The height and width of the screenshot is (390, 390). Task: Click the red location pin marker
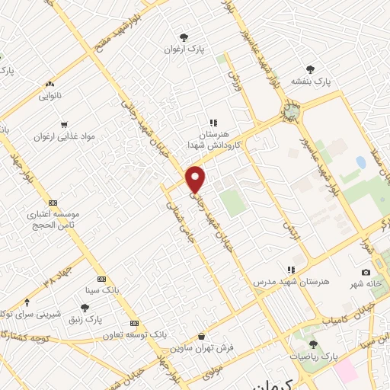196,179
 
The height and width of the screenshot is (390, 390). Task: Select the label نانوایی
51,97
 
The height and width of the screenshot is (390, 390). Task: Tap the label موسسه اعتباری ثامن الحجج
53,221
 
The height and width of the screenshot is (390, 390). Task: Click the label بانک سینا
102,290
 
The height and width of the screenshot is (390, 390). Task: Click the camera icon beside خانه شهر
366,272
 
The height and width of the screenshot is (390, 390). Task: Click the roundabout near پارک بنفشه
291,114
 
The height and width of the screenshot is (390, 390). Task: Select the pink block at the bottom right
346,371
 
